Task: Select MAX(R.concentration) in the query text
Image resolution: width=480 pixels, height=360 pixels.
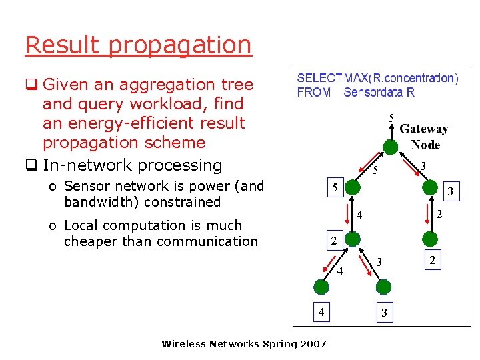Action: coord(401,79)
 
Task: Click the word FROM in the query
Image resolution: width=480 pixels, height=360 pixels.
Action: coord(315,93)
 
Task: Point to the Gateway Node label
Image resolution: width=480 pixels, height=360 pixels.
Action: coord(424,137)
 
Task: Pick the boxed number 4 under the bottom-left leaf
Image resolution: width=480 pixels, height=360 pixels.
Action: coord(321,311)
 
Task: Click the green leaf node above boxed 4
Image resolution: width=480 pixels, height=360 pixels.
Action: coord(321,287)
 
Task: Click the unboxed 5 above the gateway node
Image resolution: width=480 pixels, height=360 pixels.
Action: coord(391,119)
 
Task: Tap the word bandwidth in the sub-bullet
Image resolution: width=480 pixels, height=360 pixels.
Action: coord(92,201)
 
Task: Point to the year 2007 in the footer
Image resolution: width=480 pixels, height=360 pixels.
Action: coord(313,344)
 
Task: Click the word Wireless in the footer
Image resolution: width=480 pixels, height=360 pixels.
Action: coord(184,344)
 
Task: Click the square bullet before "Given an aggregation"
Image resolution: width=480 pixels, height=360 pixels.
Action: coord(31,85)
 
